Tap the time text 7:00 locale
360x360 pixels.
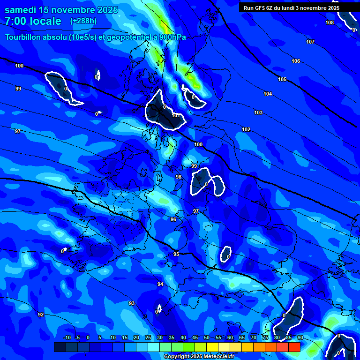tap(33, 21)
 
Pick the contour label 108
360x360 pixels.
tap(330, 22)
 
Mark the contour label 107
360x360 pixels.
tap(310, 42)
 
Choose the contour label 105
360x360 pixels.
tap(282, 79)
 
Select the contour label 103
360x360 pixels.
tap(258, 112)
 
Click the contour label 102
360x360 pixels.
tap(246, 129)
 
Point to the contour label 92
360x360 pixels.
tap(41, 315)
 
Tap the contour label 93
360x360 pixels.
tap(132, 303)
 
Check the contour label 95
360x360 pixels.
tap(176, 254)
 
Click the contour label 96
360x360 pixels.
tap(173, 219)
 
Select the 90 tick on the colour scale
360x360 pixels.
tap(300, 338)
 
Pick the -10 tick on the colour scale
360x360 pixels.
tap(67, 338)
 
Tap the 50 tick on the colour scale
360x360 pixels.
tap(207, 338)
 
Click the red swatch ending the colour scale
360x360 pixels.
tap(294, 347)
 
